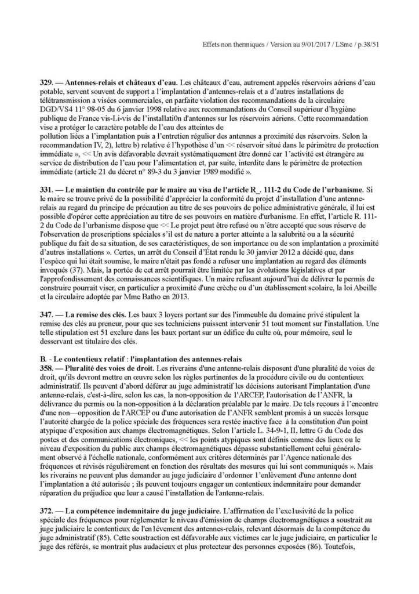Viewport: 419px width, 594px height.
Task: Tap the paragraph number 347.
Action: (46, 313)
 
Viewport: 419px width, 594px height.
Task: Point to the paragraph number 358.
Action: (46, 368)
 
